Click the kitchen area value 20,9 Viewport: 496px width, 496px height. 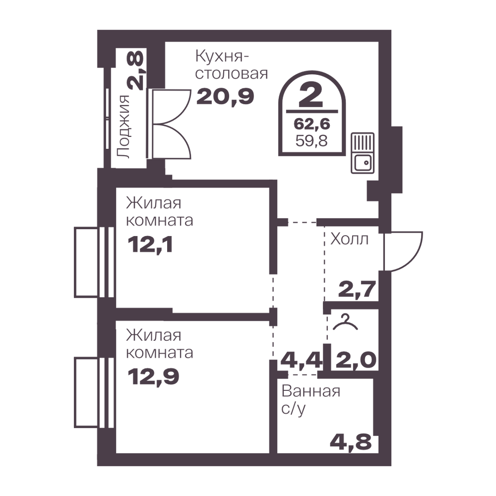pos(225,97)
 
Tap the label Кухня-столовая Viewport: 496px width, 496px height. pos(232,65)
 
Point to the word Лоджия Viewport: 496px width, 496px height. pos(124,126)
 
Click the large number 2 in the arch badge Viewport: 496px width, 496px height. pos(311,95)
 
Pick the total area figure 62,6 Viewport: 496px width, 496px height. pos(312,124)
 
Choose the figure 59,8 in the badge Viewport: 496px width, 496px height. pos(312,140)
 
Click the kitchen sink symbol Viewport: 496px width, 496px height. pos(363,153)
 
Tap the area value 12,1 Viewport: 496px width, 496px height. pos(150,245)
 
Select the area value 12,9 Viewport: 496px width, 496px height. pos(153,377)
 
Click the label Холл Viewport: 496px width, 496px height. pos(350,239)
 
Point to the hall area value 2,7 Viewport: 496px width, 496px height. pos(357,289)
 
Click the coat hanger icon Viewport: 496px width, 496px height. pos(345,322)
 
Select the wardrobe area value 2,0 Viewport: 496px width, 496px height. pos(356,360)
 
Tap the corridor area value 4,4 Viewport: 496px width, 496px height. pos(302,360)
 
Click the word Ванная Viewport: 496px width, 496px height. pos(311,392)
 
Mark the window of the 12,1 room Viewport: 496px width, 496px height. pos(94,262)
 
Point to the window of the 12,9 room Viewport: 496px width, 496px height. pos(94,392)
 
